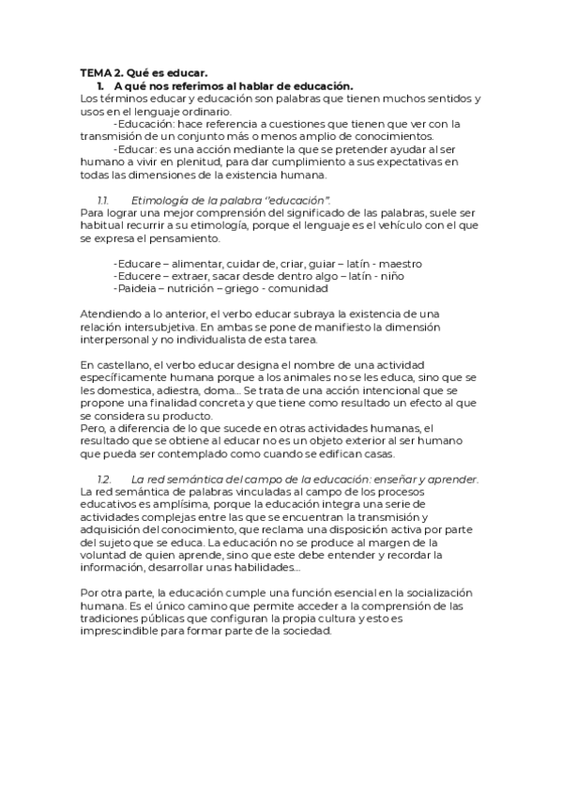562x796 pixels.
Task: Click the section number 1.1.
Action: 103,201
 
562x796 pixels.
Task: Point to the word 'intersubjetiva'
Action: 155,329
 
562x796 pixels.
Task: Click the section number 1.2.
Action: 104,480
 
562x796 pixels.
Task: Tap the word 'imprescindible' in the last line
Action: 123,633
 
